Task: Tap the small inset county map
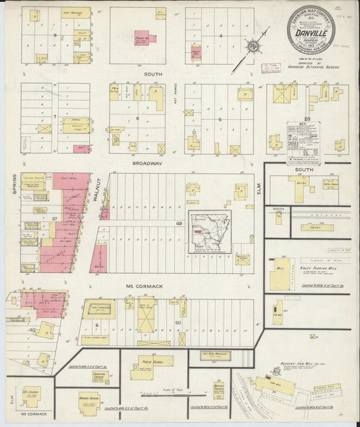(210, 231)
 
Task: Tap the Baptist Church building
(219, 390)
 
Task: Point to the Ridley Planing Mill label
(317, 268)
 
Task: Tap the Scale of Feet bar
(163, 395)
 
